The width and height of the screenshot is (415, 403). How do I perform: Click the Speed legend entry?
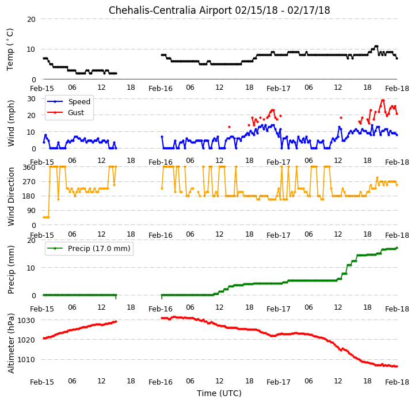point(68,101)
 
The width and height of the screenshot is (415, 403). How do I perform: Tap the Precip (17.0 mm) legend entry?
point(89,248)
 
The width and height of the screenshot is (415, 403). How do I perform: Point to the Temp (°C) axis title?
point(10,50)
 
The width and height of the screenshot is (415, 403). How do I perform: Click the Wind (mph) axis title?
point(10,123)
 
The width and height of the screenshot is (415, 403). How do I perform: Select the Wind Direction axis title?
point(10,196)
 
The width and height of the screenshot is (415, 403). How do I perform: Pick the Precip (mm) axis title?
point(10,270)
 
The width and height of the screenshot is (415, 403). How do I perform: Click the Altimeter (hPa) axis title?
point(10,344)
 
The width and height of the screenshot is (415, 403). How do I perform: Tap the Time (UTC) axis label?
point(219,393)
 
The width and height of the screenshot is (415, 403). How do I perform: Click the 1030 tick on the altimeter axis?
point(26,321)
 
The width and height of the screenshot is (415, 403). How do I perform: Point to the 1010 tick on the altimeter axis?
point(26,360)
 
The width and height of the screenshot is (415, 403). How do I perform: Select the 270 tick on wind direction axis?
point(29,182)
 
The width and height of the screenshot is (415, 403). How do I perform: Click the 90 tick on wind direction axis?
point(31,211)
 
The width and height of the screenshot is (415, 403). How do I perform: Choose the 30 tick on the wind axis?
point(31,99)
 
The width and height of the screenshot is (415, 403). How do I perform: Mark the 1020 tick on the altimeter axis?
point(26,340)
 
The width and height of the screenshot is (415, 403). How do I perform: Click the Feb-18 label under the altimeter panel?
point(397,382)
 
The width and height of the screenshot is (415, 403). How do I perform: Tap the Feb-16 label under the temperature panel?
point(161,89)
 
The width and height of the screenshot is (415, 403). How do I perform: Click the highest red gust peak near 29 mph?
point(383,100)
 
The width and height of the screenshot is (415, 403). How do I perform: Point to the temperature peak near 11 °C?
point(376,46)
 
